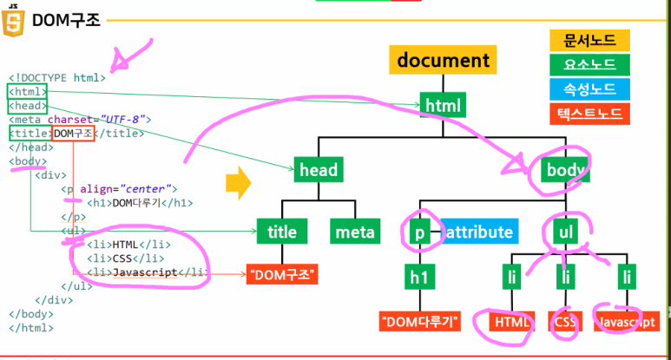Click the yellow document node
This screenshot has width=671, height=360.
443,61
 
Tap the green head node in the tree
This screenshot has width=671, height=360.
318,170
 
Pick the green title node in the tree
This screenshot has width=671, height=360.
281,232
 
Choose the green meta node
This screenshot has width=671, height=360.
354,232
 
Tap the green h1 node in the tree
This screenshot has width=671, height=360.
418,277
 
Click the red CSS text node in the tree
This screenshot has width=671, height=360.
564,321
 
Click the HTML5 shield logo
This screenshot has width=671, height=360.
12,20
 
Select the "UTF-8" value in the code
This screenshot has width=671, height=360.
127,119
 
